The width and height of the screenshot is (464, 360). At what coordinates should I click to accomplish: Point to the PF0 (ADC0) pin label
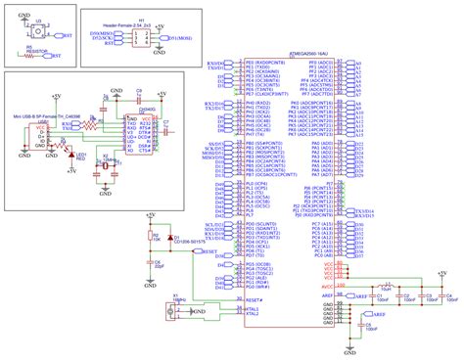pos(318,63)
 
